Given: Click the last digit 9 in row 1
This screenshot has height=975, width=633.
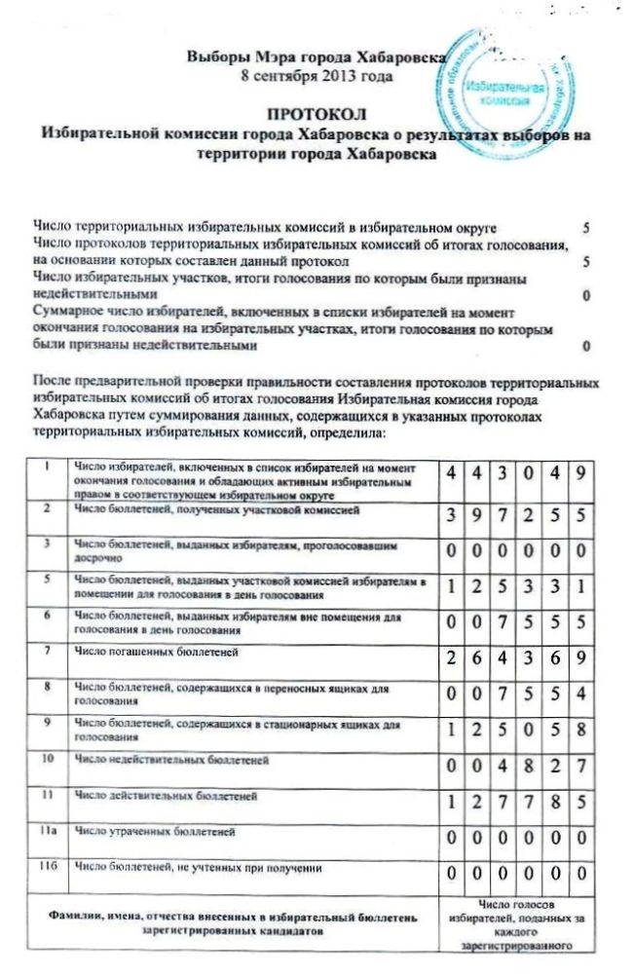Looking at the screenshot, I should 579,474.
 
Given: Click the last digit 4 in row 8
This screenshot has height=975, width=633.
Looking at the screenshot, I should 579,694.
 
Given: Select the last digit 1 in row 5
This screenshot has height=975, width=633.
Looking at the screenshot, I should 579,587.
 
